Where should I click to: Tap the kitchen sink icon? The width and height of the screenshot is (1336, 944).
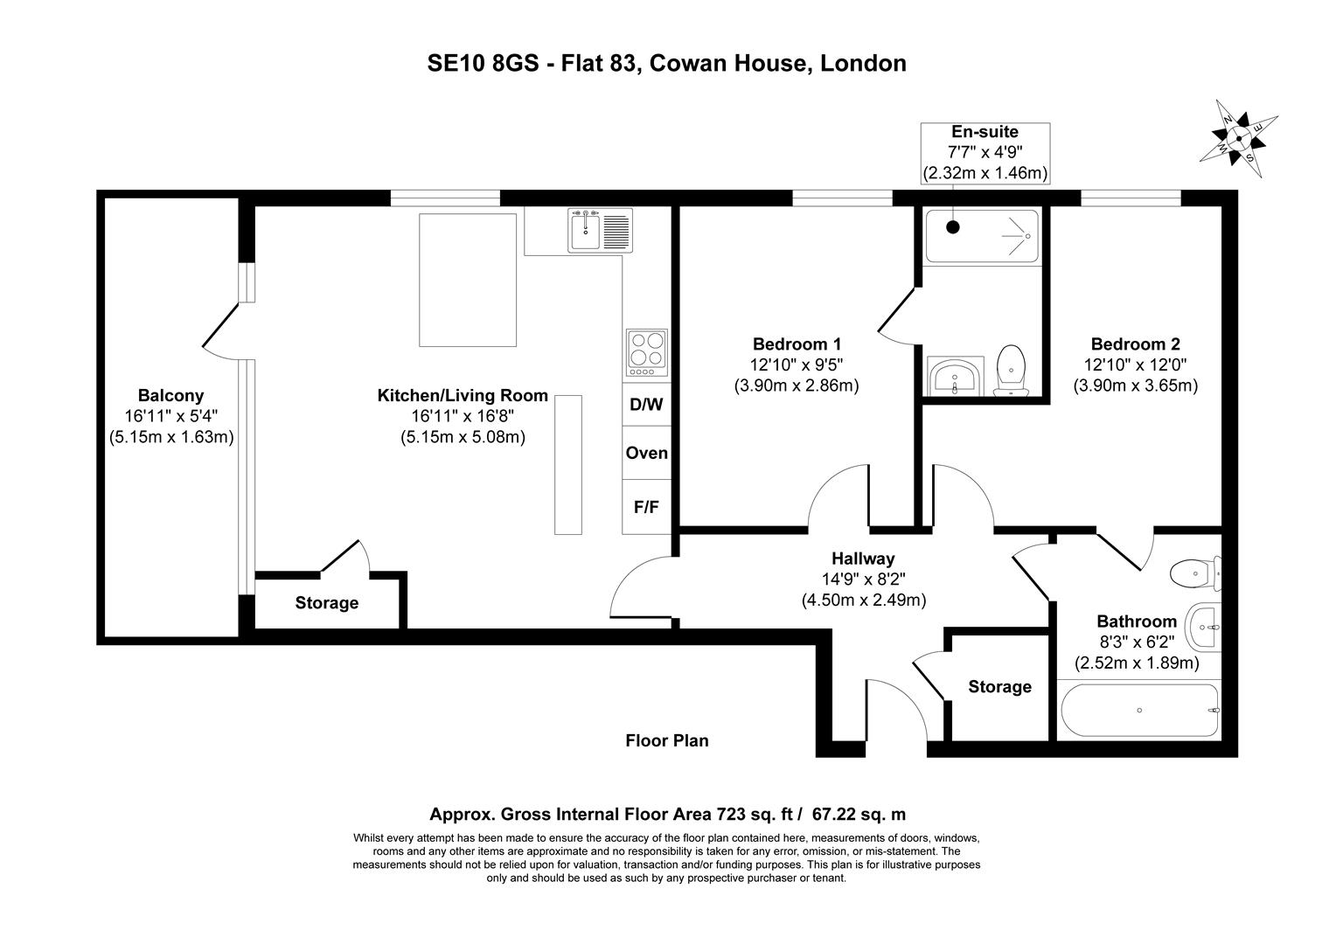tap(599, 231)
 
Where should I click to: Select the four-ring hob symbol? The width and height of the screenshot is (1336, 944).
tap(646, 351)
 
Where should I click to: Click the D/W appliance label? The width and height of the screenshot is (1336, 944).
tap(646, 405)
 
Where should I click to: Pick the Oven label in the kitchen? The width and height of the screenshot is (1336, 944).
tap(646, 453)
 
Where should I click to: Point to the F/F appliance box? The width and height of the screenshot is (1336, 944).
tap(646, 506)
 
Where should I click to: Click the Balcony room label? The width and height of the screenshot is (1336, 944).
tap(170, 396)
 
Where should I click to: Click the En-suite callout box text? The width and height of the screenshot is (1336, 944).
tap(985, 133)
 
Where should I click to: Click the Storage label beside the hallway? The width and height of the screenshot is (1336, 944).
tap(999, 687)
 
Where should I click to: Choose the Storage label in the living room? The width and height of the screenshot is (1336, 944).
tap(326, 603)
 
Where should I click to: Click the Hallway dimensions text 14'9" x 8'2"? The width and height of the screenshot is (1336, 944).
tap(863, 579)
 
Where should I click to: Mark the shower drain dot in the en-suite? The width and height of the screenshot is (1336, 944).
tap(953, 226)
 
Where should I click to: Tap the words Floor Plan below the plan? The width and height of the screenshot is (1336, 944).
tap(667, 741)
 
